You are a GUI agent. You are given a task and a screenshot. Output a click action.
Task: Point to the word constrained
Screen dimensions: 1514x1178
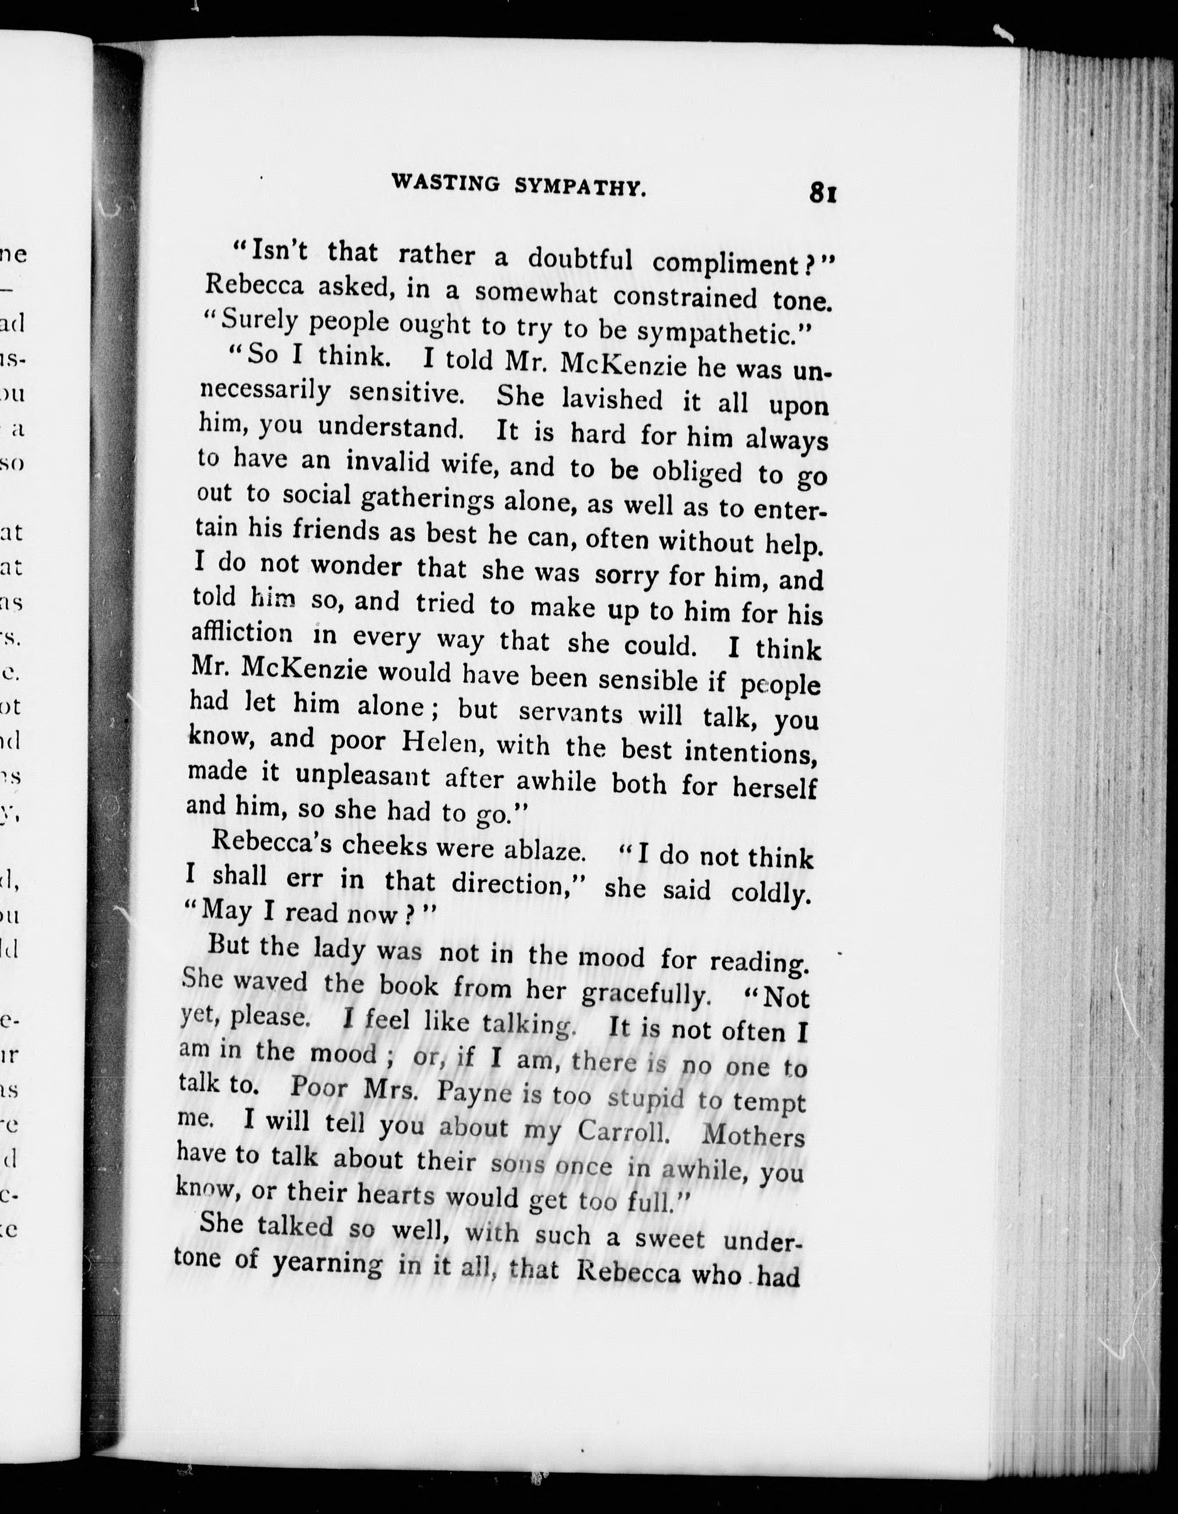[684, 298]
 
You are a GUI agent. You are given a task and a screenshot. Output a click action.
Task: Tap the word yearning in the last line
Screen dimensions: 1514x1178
[327, 1264]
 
